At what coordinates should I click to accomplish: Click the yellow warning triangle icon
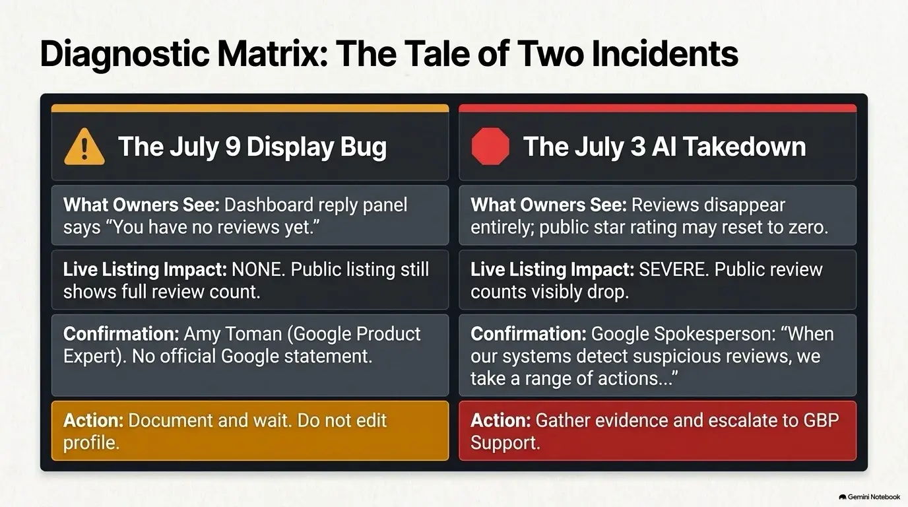pos(84,147)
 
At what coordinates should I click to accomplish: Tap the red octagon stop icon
pos(490,147)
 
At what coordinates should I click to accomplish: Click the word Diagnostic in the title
pos(125,55)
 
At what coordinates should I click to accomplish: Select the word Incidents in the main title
pos(665,53)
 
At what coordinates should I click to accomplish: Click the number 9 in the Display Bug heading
pos(234,147)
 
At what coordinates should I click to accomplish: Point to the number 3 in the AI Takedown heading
pos(638,147)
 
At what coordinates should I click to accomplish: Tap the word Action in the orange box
pos(93,421)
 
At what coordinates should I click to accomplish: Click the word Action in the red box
pos(500,421)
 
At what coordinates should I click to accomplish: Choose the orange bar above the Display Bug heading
pos(250,108)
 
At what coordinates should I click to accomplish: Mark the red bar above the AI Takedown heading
pos(657,108)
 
